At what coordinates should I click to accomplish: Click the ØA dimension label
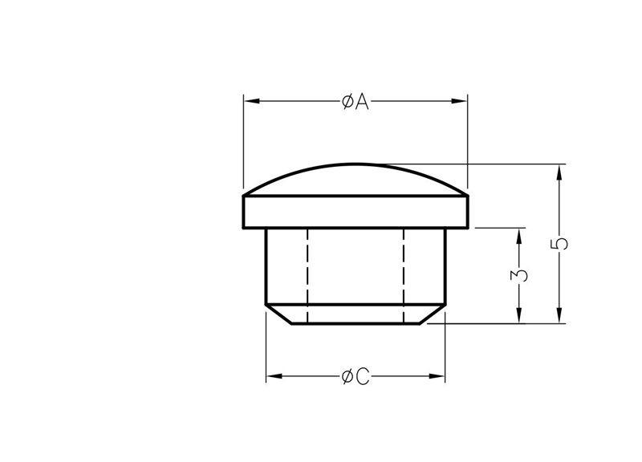point(355,102)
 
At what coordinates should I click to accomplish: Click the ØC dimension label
point(355,376)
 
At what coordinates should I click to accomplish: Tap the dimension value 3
point(519,275)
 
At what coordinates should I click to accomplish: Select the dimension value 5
point(559,244)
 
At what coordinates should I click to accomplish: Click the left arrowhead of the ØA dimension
point(252,101)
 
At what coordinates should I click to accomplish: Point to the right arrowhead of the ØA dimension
point(459,101)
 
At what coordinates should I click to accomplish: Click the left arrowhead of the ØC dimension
point(274,376)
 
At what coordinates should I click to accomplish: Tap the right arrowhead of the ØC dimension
point(437,376)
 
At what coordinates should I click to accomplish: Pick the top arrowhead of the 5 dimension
point(559,172)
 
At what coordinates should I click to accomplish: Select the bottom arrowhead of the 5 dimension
point(559,315)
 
